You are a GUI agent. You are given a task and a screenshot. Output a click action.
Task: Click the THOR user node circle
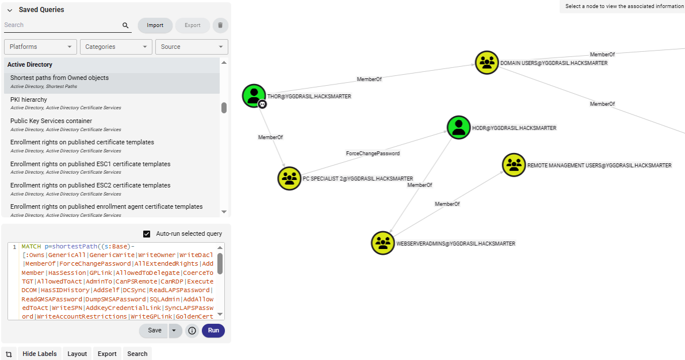point(254,95)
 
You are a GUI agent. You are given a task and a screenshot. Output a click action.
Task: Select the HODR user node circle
point(459,127)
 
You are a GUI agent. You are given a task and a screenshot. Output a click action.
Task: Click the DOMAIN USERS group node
point(487,62)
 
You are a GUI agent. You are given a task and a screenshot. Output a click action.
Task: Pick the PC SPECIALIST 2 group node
point(289,178)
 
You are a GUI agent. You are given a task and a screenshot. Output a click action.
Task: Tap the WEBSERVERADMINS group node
point(383,243)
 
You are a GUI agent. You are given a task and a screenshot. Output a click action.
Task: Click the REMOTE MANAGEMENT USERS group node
point(514,165)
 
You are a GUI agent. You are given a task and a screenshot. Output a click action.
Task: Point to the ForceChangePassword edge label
point(373,154)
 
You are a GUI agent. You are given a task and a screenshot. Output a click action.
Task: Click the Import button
point(155,25)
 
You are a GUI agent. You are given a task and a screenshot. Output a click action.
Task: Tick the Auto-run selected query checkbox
point(147,234)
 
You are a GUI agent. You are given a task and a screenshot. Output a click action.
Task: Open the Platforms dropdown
point(40,47)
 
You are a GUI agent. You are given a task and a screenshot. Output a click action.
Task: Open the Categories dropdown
point(116,47)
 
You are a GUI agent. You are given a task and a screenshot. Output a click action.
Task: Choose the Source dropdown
point(192,47)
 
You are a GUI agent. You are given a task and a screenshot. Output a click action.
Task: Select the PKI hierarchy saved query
point(29,99)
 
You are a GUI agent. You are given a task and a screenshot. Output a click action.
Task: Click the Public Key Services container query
point(51,121)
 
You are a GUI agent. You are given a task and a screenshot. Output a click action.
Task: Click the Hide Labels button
point(40,354)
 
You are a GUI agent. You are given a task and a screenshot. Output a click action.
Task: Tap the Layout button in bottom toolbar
point(77,354)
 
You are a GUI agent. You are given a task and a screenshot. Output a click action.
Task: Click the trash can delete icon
point(220,25)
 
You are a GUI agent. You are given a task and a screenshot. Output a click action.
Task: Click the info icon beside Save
point(192,331)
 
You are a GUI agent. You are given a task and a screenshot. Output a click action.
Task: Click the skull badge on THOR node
point(262,104)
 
